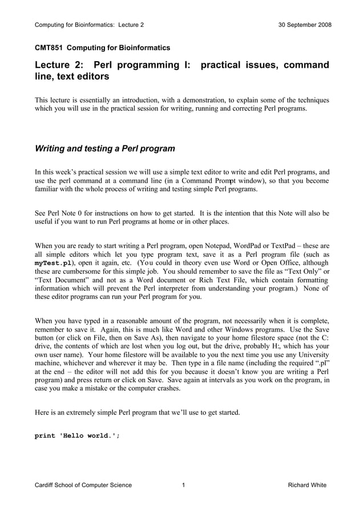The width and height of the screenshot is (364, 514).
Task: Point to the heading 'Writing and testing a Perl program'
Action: (105, 149)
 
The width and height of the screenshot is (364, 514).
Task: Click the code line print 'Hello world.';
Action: (78, 436)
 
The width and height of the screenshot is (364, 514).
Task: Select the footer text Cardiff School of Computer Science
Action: (83, 485)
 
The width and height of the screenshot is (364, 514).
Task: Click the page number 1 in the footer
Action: (183, 485)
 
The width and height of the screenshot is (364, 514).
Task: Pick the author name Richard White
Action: (308, 485)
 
